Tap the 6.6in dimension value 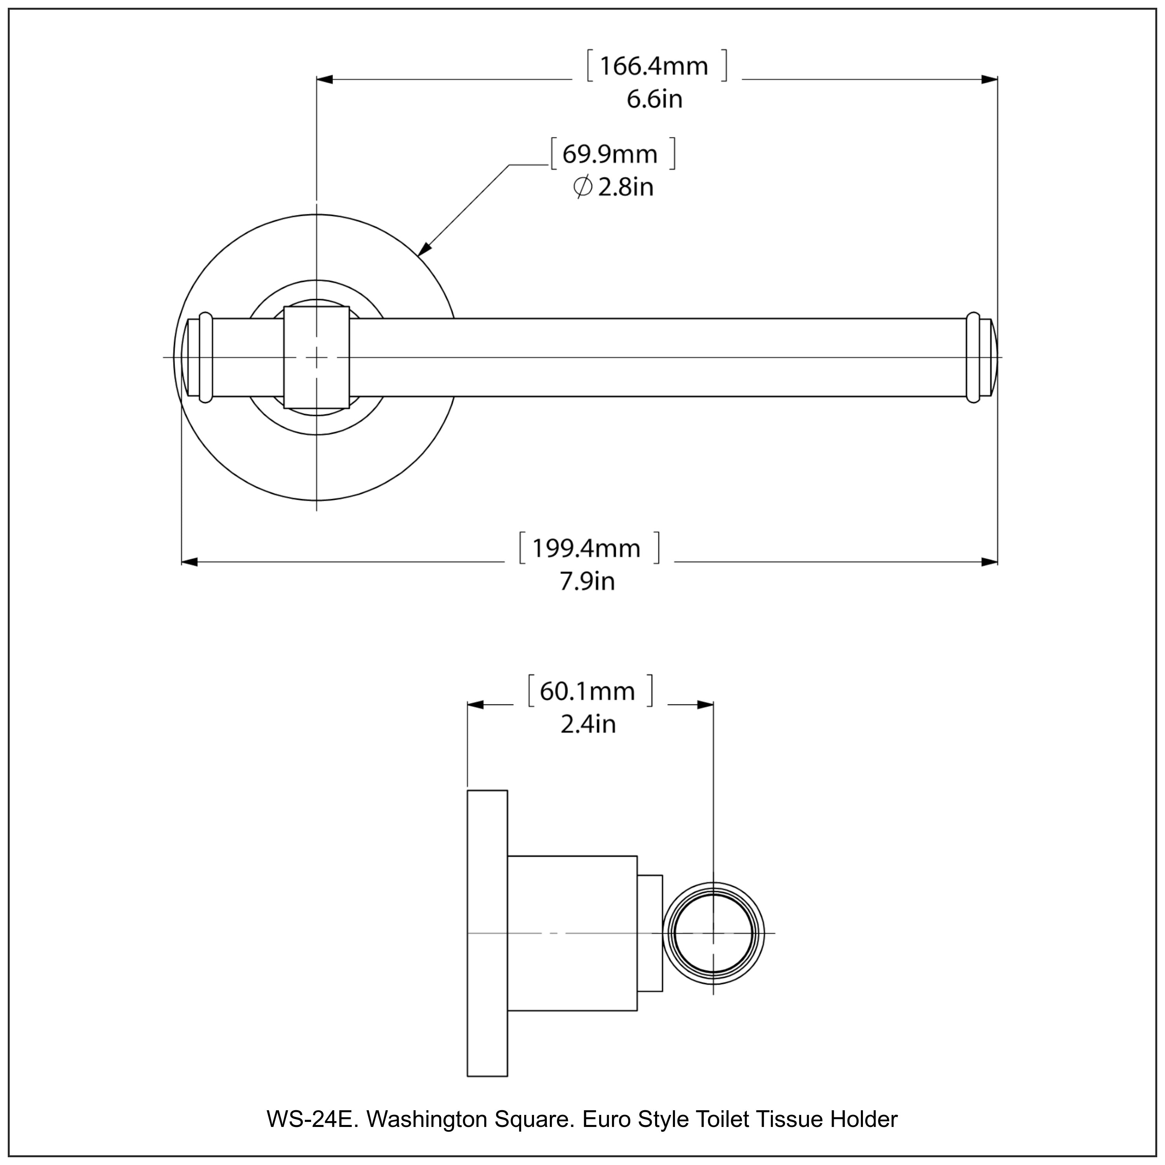pyautogui.click(x=654, y=99)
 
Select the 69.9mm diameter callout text pyautogui.click(x=610, y=155)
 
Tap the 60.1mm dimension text pyautogui.click(x=587, y=692)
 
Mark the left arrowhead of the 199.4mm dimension pyautogui.click(x=190, y=562)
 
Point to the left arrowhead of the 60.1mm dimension pyautogui.click(x=476, y=705)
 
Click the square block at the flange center pyautogui.click(x=316, y=358)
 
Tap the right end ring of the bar pyautogui.click(x=973, y=358)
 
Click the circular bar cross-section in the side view pyautogui.click(x=713, y=934)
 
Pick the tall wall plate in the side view pyautogui.click(x=487, y=934)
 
